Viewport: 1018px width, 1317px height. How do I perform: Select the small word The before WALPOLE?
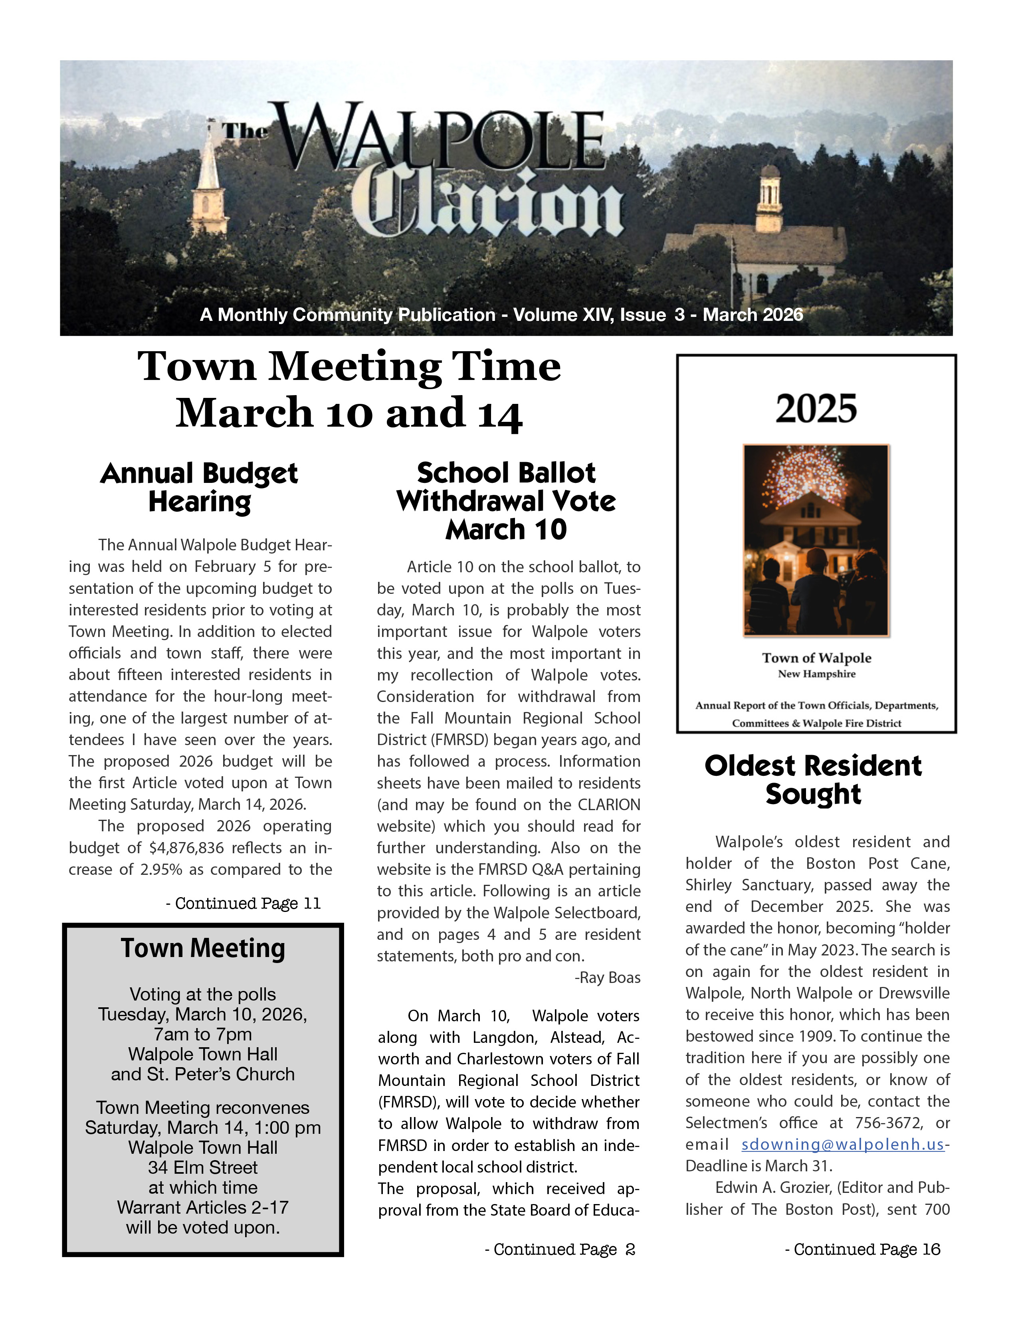244,131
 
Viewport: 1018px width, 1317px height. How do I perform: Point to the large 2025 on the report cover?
816,409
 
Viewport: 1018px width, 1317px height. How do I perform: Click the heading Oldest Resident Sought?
813,780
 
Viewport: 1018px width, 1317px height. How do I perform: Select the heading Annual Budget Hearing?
199,487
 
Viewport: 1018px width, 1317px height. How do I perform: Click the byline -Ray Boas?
607,977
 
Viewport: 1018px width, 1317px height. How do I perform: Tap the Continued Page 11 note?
243,903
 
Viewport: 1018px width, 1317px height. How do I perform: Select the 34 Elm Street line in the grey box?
203,1167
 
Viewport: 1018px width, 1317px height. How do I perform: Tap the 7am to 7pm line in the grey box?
203,1034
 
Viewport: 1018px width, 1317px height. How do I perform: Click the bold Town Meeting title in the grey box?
203,948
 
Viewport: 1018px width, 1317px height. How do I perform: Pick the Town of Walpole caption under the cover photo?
816,658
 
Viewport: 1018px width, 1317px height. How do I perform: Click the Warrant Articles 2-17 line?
203,1207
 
